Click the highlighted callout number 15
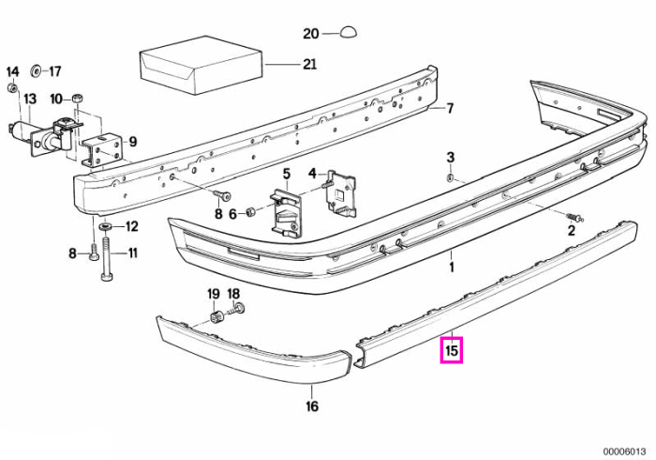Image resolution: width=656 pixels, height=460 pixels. [x=452, y=350]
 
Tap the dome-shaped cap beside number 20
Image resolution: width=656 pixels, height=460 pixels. [x=348, y=32]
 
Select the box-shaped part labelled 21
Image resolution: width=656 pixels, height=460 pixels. [x=201, y=65]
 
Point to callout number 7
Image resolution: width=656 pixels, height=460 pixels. [x=450, y=109]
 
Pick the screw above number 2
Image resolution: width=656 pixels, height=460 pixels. [x=575, y=217]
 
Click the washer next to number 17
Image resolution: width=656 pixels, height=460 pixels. [x=36, y=71]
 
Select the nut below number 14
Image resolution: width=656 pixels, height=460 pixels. [x=12, y=88]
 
